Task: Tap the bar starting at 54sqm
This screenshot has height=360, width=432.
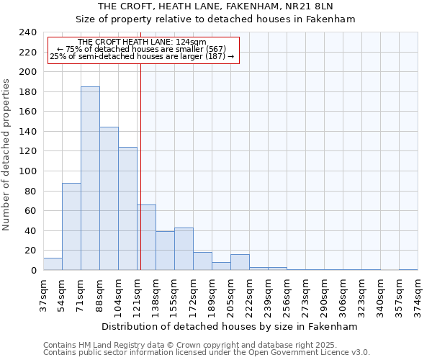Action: coord(71,227)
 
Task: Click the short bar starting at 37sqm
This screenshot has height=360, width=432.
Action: coord(53,264)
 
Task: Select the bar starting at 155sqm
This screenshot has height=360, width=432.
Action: coord(184,249)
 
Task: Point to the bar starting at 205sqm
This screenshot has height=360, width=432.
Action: coord(240,262)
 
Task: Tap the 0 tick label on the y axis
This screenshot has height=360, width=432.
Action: coord(33,270)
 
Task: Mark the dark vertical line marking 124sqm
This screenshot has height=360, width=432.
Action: coord(140,166)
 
